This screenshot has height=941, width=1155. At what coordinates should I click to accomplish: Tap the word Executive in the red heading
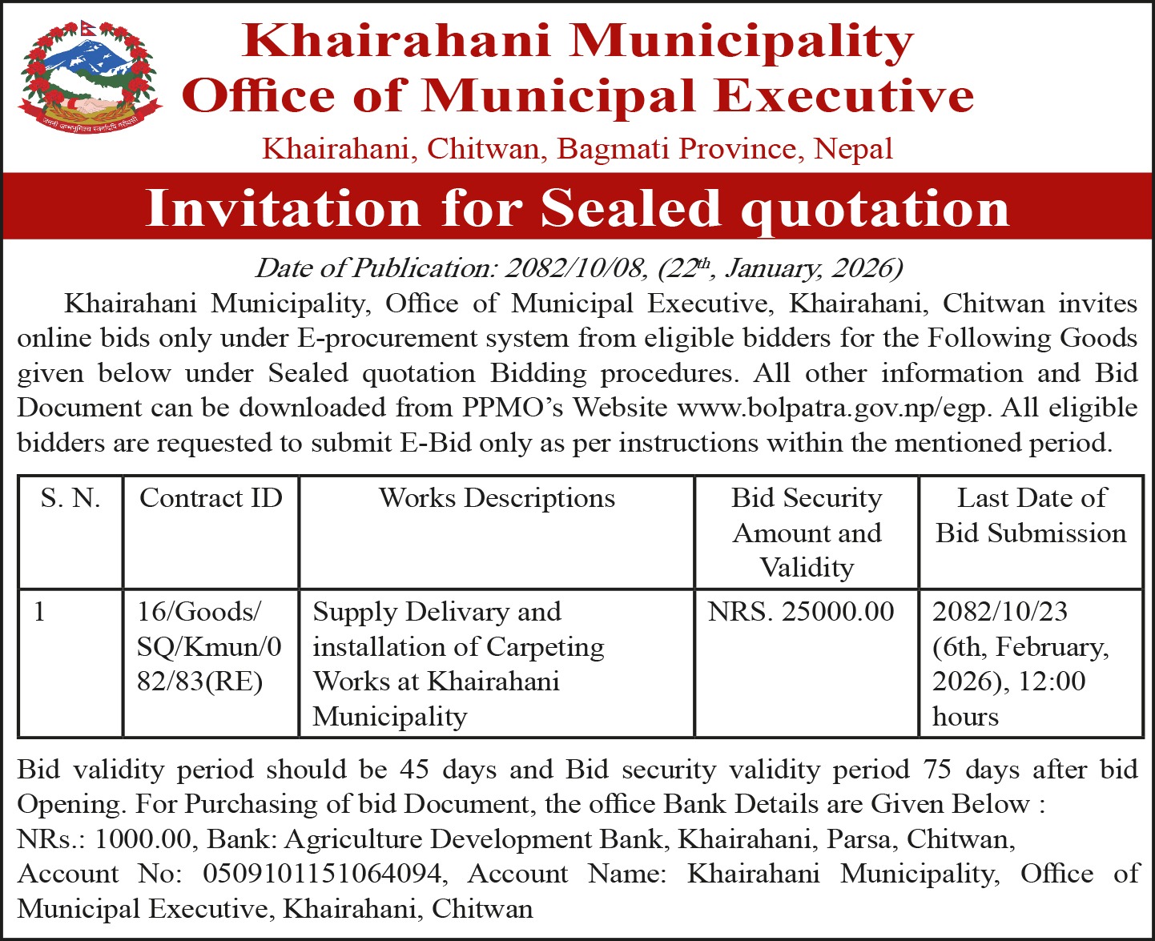click(x=843, y=96)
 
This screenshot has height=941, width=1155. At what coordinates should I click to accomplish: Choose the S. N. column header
click(x=70, y=498)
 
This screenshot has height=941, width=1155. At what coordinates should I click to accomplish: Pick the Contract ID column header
click(x=211, y=498)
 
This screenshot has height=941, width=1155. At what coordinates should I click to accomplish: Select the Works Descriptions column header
click(x=497, y=498)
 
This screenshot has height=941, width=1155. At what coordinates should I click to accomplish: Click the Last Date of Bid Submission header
click(x=1031, y=516)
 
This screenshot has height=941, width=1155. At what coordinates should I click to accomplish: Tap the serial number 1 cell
click(x=40, y=612)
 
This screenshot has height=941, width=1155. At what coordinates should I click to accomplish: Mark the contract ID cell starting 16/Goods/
click(x=209, y=646)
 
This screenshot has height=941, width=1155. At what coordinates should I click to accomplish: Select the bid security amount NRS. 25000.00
click(x=801, y=612)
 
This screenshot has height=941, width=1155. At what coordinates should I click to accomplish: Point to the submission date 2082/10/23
click(x=1000, y=612)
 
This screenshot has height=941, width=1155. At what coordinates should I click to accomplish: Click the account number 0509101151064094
click(x=322, y=874)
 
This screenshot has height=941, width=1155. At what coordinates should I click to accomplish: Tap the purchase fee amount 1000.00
click(x=143, y=839)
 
